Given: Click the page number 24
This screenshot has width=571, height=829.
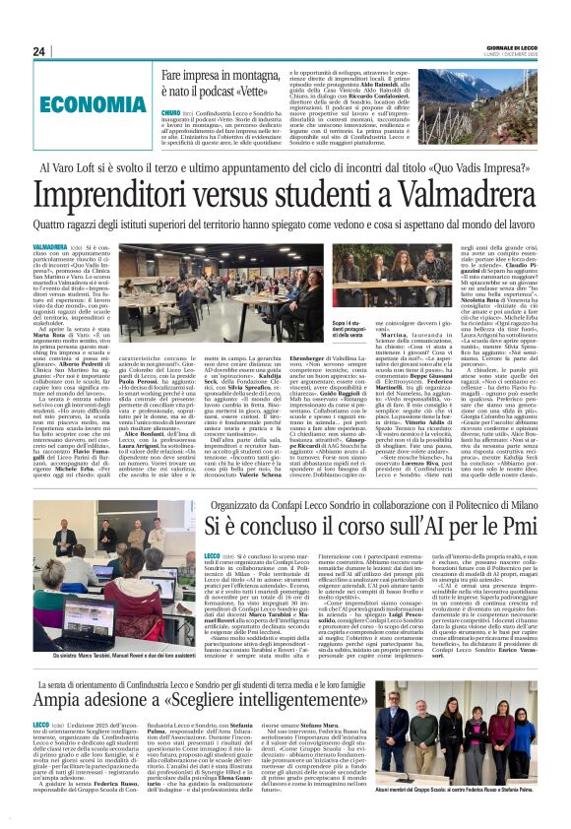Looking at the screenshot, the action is pyautogui.click(x=39, y=52).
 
